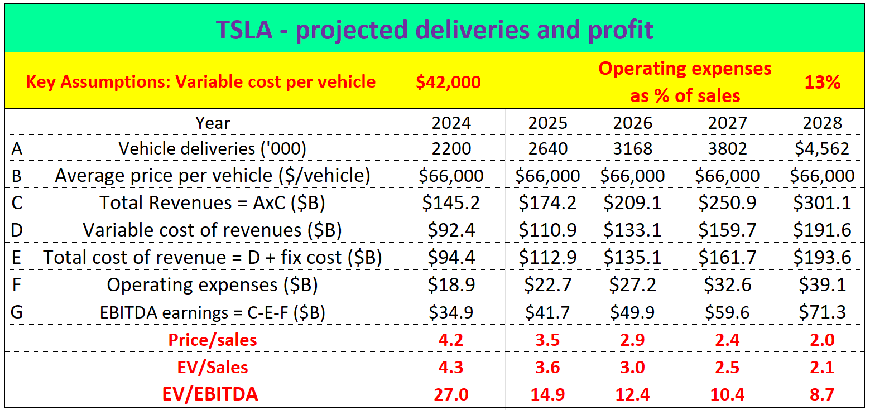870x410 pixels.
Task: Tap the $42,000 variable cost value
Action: click(x=448, y=82)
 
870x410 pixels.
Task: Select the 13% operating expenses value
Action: click(x=822, y=82)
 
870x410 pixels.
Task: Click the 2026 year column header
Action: click(x=632, y=123)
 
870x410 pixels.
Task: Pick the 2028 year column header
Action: click(x=822, y=123)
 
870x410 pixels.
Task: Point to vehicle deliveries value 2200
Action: click(x=451, y=148)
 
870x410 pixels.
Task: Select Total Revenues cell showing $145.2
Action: click(x=451, y=202)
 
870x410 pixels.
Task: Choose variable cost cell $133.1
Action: click(x=632, y=230)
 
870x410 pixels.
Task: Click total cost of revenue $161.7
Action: click(x=727, y=257)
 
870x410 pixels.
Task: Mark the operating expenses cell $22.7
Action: click(x=547, y=284)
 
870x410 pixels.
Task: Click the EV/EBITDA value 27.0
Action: click(x=451, y=394)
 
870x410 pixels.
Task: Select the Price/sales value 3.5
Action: click(x=547, y=340)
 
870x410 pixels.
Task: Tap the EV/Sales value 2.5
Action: click(x=727, y=367)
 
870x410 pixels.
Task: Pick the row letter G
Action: click(x=17, y=312)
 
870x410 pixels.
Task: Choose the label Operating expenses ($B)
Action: click(x=212, y=284)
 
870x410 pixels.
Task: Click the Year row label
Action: click(x=212, y=123)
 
